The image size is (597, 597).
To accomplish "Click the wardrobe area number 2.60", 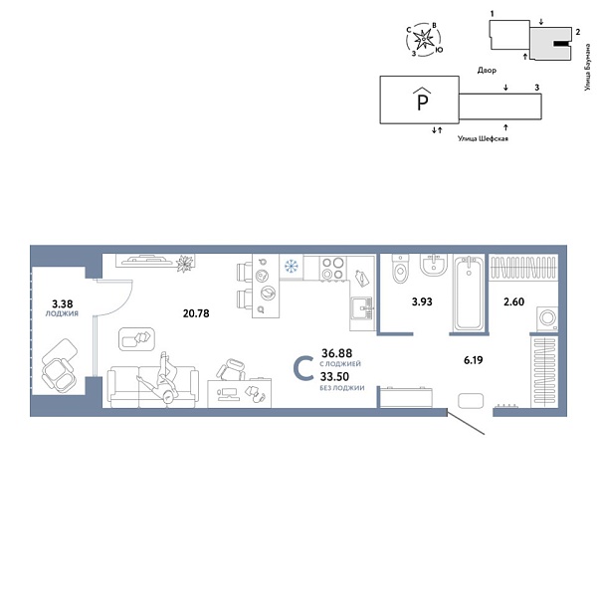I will pyautogui.click(x=513, y=302).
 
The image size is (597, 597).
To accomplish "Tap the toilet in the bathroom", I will pyautogui.click(x=401, y=271).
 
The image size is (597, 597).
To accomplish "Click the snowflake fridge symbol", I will pyautogui.click(x=292, y=267).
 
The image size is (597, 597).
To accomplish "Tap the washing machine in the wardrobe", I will pyautogui.click(x=546, y=318).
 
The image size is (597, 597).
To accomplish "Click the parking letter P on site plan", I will pyautogui.click(x=423, y=100).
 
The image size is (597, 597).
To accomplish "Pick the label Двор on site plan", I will pyautogui.click(x=487, y=71).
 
